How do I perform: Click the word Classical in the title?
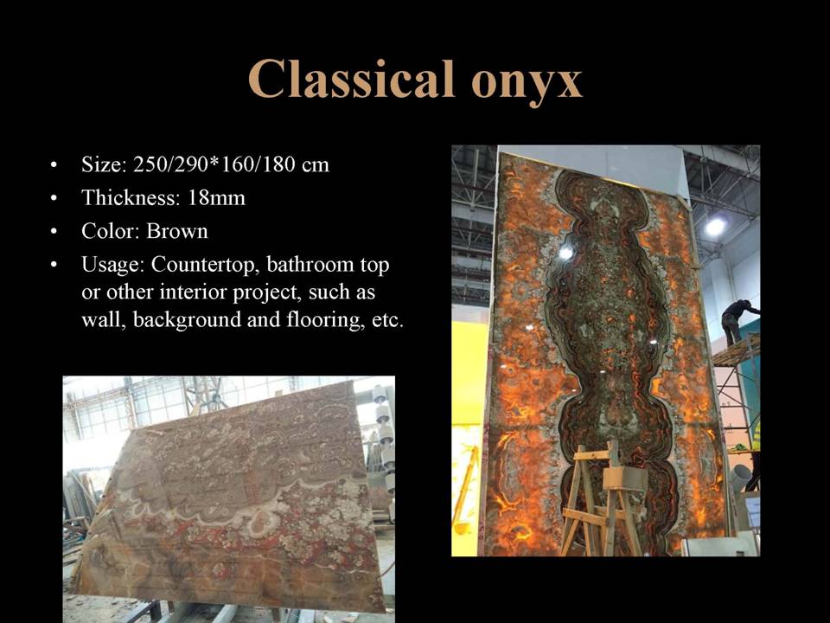(x=352, y=79)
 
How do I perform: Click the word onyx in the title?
(x=527, y=84)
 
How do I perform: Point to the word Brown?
(x=176, y=231)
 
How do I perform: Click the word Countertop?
(x=204, y=265)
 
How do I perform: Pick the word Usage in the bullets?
(x=112, y=266)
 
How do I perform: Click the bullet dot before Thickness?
(x=54, y=199)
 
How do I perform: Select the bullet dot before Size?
(x=54, y=165)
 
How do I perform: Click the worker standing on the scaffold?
(x=738, y=322)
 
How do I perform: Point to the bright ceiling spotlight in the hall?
(x=715, y=227)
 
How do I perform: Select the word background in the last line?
(x=187, y=320)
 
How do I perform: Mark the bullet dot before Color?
(x=54, y=232)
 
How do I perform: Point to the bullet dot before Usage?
(x=54, y=266)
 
